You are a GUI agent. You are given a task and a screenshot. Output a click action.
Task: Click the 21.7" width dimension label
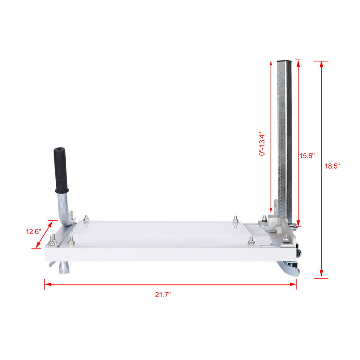[163, 295]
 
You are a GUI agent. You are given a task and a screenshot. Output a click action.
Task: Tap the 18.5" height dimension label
[332, 166]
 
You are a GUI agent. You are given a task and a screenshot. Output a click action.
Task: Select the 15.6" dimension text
[307, 155]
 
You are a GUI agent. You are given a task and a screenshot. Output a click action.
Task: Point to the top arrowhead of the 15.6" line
[298, 63]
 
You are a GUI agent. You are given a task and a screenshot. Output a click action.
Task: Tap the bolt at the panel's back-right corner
[235, 220]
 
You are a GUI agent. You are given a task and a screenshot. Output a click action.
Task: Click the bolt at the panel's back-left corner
[87, 220]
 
